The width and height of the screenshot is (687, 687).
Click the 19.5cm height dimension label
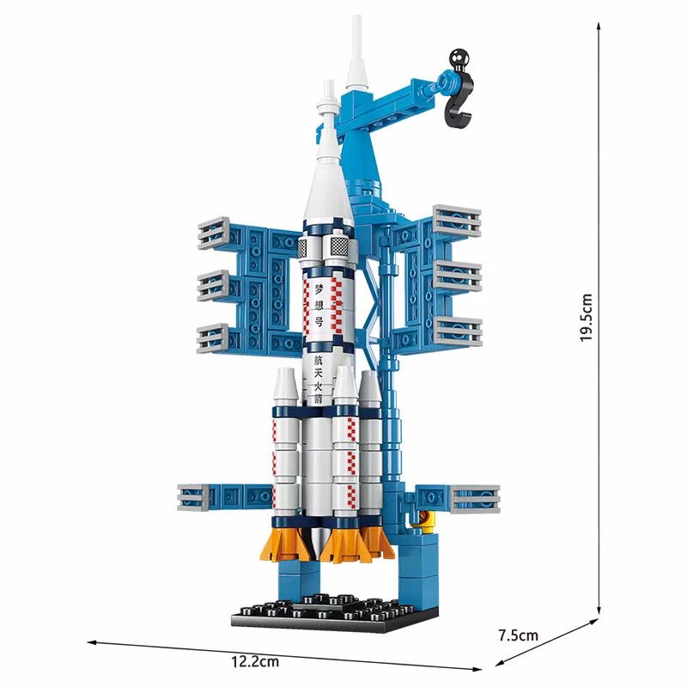587,318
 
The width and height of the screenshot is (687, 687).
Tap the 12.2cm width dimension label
255,661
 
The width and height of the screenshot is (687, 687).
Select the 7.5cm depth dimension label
519,635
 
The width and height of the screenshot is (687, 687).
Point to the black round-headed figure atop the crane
459,60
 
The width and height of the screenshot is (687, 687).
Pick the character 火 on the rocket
318,386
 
